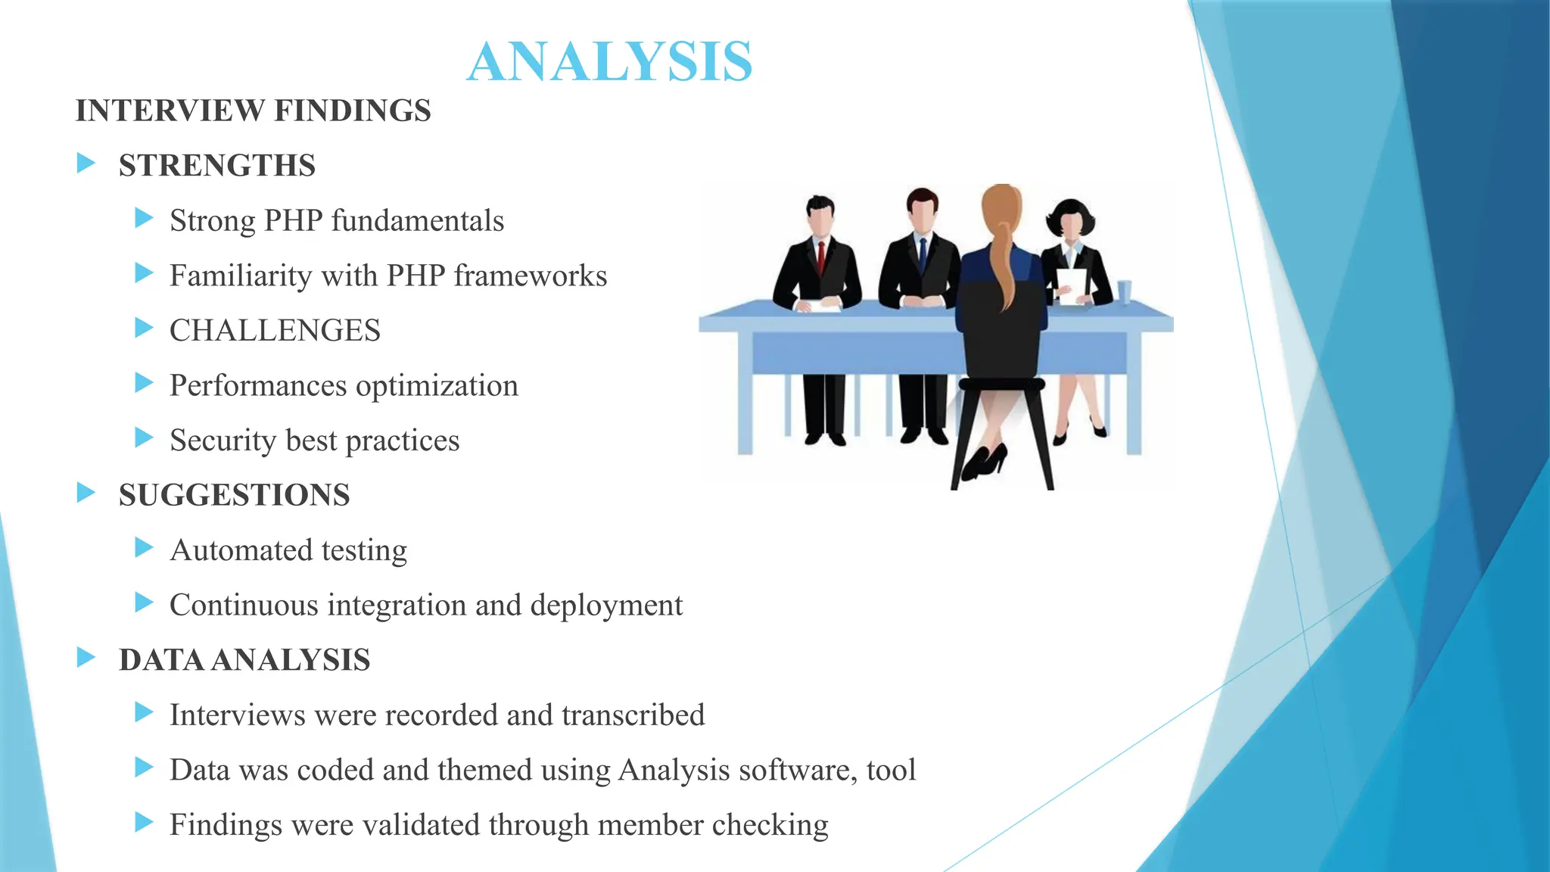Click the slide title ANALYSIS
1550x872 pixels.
pos(609,62)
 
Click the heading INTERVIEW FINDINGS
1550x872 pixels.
pos(253,111)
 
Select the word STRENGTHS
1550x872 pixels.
pos(217,166)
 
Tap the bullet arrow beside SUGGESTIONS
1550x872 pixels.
pos(86,494)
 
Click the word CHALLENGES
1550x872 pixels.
pos(275,331)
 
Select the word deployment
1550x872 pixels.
pos(606,606)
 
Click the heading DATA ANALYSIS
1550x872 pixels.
pos(244,660)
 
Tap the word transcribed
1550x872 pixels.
pos(633,715)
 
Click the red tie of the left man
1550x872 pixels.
pos(821,258)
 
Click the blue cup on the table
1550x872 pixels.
pos(1125,291)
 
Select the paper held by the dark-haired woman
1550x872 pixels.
pos(1071,285)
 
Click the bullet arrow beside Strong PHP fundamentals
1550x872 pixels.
pos(144,219)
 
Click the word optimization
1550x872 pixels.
pos(437,386)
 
